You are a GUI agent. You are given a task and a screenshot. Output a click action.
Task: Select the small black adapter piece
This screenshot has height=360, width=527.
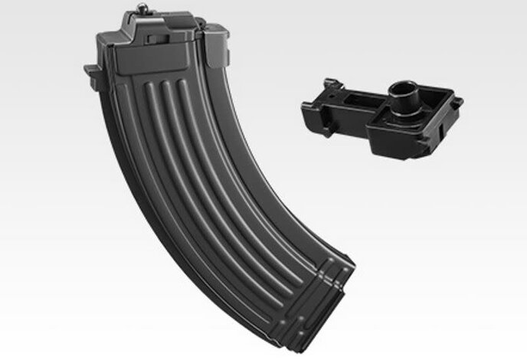[391, 115]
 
